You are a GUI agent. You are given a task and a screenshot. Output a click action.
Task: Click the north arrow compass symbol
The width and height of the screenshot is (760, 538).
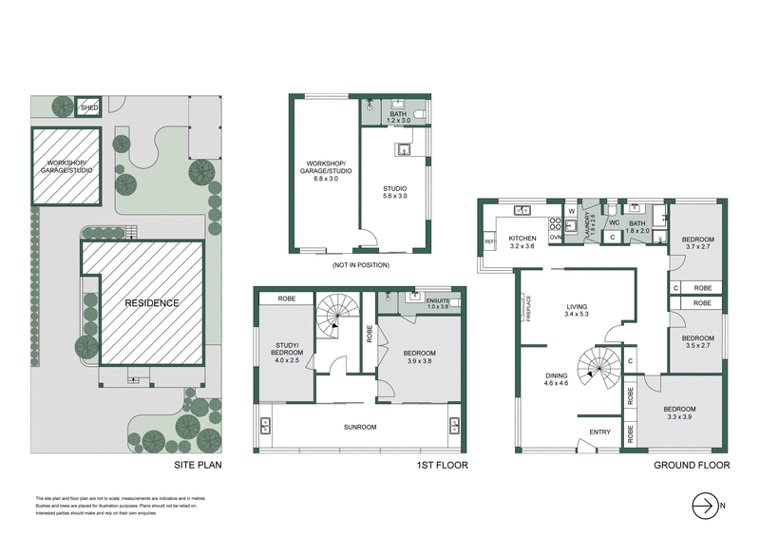pos(704,504)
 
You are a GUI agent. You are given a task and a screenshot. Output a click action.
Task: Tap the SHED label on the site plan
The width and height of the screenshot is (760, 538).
pos(88,108)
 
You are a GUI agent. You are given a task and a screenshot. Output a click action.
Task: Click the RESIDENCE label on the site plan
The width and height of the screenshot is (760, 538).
pos(152,303)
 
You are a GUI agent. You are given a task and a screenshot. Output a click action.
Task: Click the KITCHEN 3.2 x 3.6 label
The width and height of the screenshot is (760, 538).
pos(522,242)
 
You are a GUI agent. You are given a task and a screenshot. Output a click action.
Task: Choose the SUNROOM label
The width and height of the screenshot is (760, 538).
pos(360,428)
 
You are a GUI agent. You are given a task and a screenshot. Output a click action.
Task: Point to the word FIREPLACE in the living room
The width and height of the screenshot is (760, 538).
pos(529,309)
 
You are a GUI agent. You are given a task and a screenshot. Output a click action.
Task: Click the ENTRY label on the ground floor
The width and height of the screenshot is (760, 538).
pos(599,432)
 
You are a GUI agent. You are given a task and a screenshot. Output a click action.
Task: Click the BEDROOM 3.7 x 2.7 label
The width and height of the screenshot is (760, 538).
pos(698,242)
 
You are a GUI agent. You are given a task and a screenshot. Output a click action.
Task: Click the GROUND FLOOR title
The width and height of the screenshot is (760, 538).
pos(691,466)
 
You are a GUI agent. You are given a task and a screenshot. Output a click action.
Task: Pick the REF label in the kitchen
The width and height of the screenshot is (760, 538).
pos(489,243)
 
